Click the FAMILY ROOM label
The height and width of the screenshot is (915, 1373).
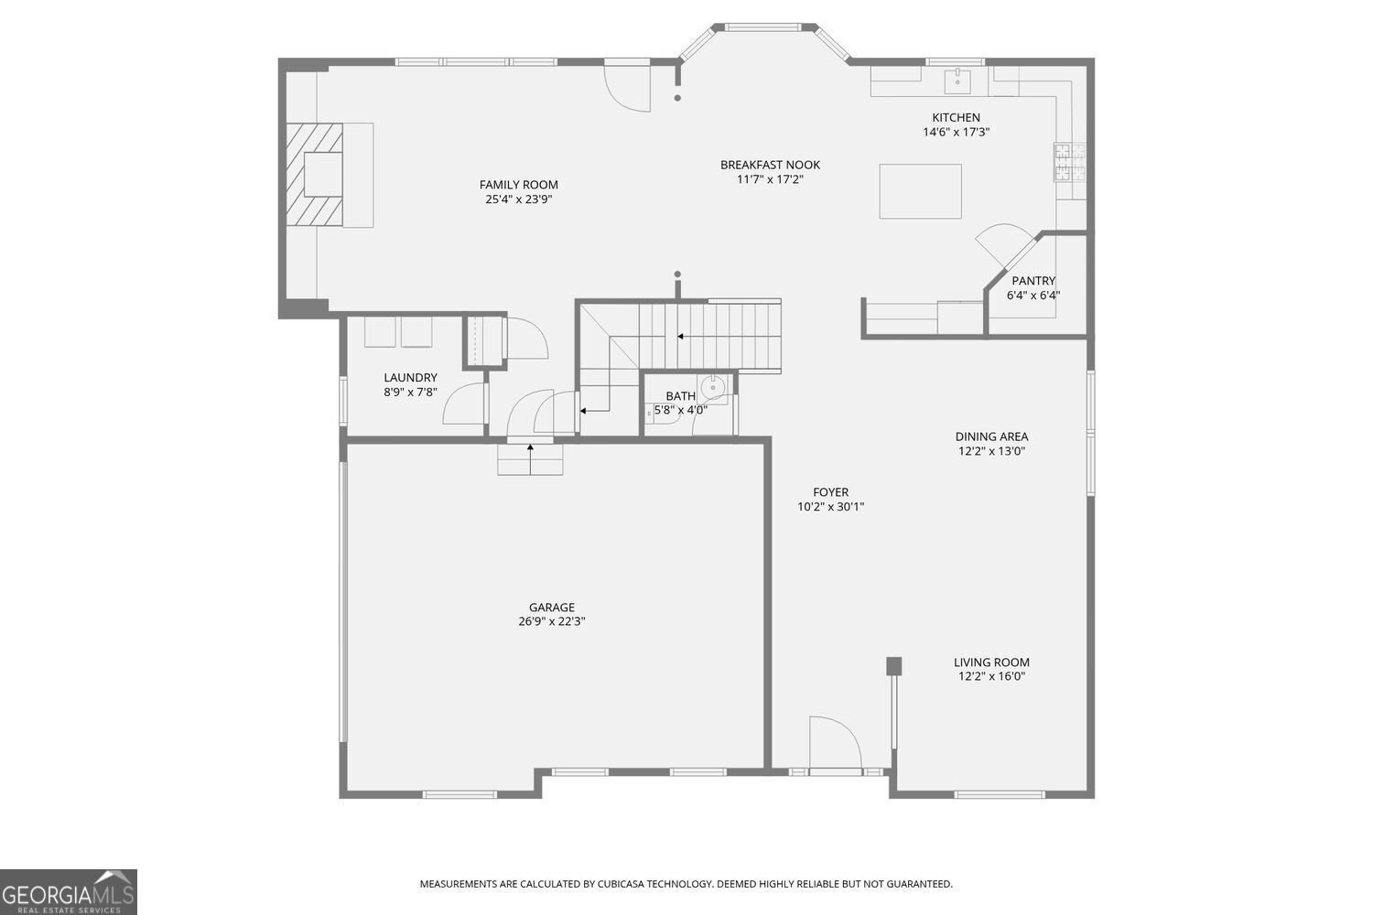518,185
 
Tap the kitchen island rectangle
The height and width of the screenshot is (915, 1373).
920,191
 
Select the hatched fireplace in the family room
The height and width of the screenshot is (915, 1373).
314,174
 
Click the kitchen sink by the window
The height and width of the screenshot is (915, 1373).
958,81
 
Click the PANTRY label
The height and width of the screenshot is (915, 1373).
1033,281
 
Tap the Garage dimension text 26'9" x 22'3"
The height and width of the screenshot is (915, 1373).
551,621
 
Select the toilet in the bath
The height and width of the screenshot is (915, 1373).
713,388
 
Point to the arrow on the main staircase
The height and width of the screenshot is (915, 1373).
681,337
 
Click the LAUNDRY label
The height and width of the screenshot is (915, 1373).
410,377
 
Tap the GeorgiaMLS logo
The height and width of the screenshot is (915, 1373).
69,891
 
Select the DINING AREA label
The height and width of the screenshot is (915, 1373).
991,436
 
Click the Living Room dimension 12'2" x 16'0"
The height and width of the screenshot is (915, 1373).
991,677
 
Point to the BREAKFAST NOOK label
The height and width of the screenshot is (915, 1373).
770,165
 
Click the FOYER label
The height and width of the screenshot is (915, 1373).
830,492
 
